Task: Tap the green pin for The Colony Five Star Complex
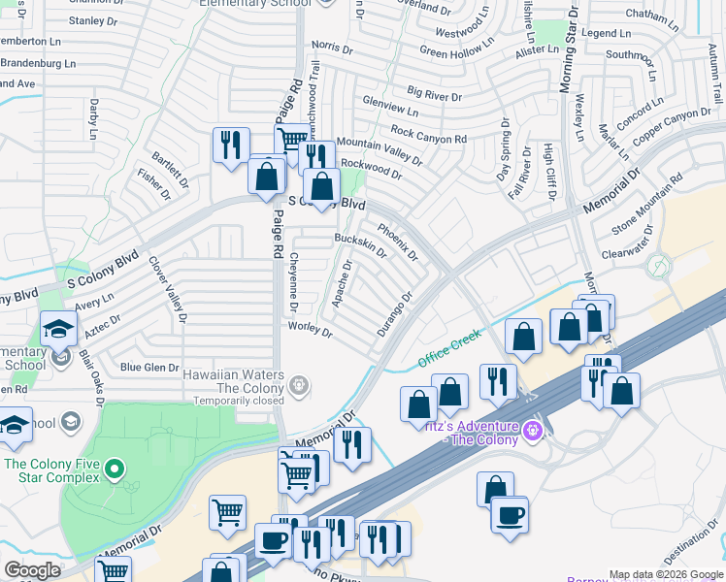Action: (115, 470)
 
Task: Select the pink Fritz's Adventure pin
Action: (531, 429)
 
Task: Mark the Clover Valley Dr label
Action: (167, 288)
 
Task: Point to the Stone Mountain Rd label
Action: (646, 204)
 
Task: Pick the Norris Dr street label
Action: (331, 46)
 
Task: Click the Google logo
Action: (32, 570)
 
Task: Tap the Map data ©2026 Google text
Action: (666, 574)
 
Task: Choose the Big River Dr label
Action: (434, 94)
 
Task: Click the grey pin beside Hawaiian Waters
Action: (300, 386)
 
